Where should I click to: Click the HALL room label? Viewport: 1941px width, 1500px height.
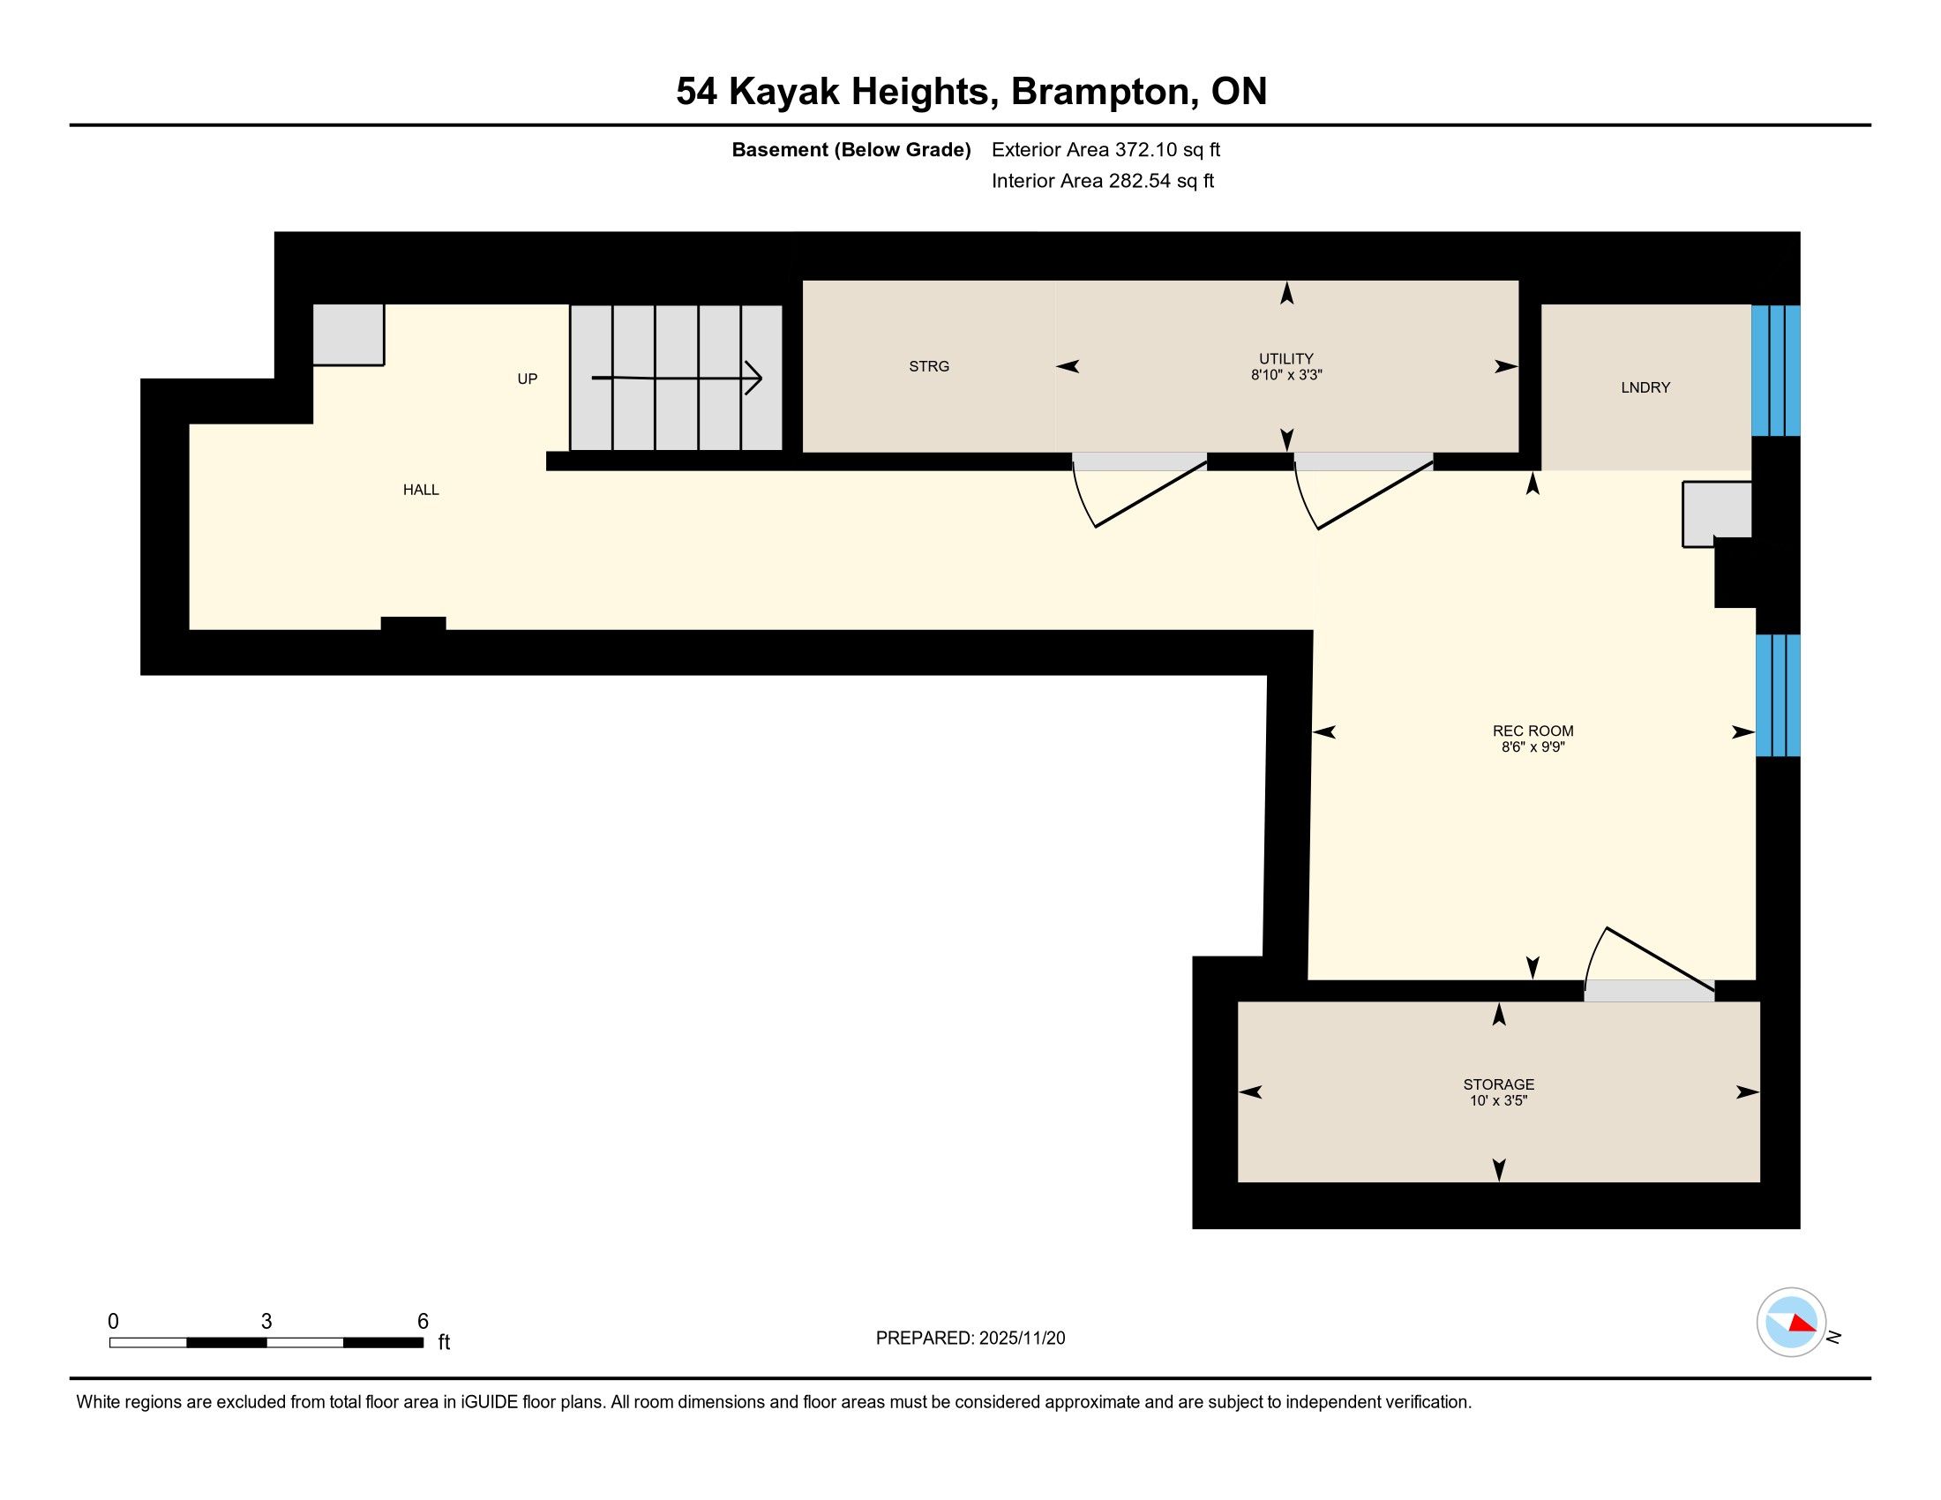(x=420, y=490)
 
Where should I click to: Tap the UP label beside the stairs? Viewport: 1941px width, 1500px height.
(x=527, y=379)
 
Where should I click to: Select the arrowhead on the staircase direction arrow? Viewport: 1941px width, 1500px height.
(x=753, y=378)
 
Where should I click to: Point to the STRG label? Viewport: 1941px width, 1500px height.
(x=929, y=366)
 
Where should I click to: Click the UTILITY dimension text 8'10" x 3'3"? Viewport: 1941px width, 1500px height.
(x=1286, y=375)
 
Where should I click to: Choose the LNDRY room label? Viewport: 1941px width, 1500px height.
(x=1645, y=387)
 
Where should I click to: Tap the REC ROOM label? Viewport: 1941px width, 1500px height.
(x=1533, y=731)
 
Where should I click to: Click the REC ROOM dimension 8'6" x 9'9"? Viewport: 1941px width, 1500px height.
(x=1533, y=747)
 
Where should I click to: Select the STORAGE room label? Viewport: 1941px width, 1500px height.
(x=1498, y=1084)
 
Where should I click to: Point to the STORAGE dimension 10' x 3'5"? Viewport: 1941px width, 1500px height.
(x=1498, y=1100)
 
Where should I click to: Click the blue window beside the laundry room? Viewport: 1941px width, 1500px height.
(x=1776, y=371)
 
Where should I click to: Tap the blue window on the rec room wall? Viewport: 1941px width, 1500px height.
(x=1779, y=695)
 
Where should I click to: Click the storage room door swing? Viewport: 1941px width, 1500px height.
(x=1649, y=958)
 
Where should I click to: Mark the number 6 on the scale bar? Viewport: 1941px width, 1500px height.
(x=423, y=1321)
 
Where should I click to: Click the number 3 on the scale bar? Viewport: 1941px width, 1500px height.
(x=266, y=1321)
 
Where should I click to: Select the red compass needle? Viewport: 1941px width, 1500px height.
(x=1802, y=1324)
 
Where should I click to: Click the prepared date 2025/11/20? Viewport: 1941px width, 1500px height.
(x=1021, y=1338)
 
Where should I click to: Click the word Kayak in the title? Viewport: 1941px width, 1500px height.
(x=783, y=93)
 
